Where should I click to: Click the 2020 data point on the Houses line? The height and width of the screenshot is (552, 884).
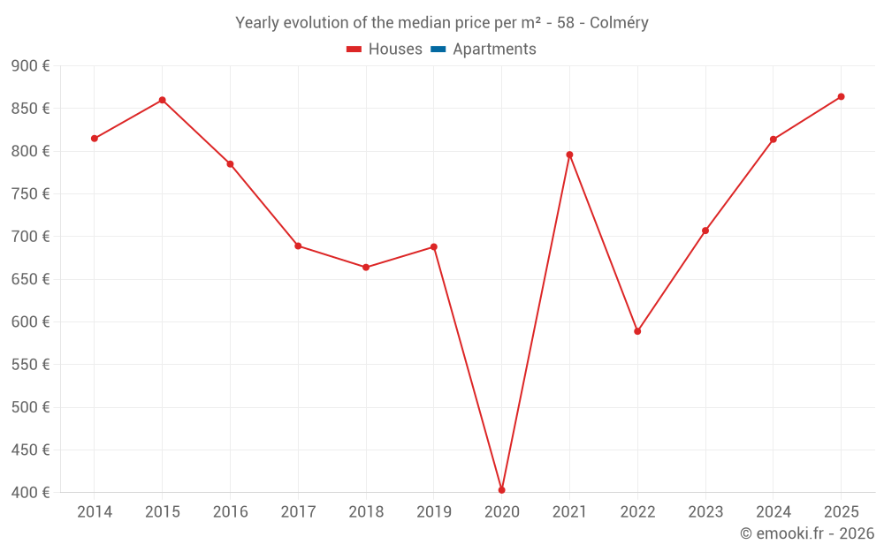[x=502, y=490]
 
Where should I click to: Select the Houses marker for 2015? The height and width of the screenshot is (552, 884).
[x=163, y=100]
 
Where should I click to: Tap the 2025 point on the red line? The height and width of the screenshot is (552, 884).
[x=841, y=96]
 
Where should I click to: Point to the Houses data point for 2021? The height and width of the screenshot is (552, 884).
[x=569, y=155]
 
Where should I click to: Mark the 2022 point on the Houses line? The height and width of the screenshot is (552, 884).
[x=637, y=331]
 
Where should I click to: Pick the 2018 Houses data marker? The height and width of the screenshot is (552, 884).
[x=366, y=267]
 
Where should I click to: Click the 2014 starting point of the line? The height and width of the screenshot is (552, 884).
[x=95, y=139]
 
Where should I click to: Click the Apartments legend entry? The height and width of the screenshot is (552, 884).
[x=494, y=49]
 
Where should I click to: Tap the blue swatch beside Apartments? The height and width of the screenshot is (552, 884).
[x=438, y=49]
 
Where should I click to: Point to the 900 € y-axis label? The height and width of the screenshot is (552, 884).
[x=31, y=66]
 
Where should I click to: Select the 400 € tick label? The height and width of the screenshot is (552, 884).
[x=31, y=492]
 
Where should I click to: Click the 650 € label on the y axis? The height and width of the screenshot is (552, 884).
[x=31, y=279]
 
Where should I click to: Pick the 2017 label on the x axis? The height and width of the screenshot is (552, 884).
[x=298, y=512]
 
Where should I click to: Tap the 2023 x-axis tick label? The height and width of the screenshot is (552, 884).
[x=705, y=512]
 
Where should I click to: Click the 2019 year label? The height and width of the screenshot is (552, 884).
[x=434, y=512]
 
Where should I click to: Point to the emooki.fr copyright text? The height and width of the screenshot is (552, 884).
[x=806, y=533]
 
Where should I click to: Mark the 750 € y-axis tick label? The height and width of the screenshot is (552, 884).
[x=31, y=194]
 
